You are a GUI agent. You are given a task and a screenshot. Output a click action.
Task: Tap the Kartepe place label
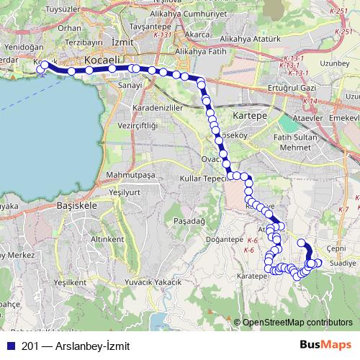[251, 115]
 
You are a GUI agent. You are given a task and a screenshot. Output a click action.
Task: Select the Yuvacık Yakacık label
[153, 283]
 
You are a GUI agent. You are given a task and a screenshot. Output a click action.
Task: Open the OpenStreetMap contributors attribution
[297, 322]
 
